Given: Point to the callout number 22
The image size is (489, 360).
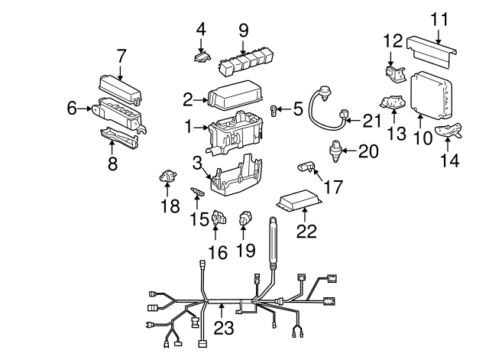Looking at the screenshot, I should pyautogui.click(x=306, y=231).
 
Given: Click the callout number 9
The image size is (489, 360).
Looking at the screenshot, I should pyautogui.click(x=243, y=31).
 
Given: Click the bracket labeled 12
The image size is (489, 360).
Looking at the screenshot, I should pyautogui.click(x=395, y=73).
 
